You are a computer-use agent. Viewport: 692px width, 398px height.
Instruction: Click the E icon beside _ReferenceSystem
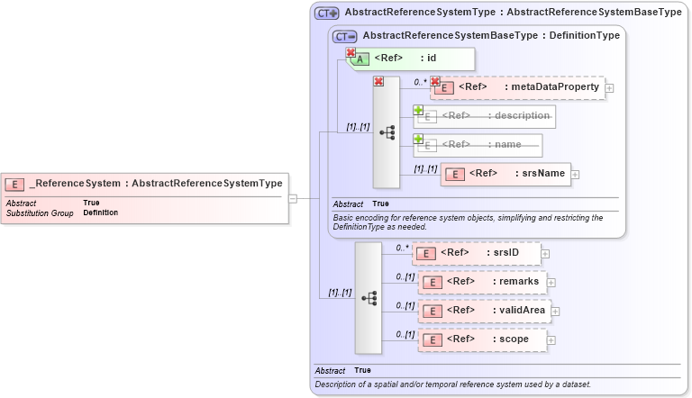(14, 185)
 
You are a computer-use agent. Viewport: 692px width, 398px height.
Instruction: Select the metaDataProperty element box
(517, 87)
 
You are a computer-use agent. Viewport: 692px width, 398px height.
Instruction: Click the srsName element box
(505, 174)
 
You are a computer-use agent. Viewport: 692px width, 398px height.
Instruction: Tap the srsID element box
(477, 253)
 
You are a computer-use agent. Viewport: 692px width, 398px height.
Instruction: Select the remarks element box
(483, 282)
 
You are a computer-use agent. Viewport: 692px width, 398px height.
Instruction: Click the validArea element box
(485, 311)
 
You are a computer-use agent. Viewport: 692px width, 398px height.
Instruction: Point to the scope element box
(483, 339)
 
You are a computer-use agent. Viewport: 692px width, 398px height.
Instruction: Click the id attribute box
(411, 59)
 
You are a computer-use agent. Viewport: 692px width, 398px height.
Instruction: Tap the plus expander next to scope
(551, 340)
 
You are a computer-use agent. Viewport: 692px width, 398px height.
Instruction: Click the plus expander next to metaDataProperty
(610, 88)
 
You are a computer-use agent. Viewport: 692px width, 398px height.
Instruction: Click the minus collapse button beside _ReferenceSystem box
(293, 198)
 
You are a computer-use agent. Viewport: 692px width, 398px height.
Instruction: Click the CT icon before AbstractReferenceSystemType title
(326, 14)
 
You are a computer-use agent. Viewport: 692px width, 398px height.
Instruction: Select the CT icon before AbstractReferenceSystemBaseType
(345, 36)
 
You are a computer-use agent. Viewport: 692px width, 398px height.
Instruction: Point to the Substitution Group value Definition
(100, 213)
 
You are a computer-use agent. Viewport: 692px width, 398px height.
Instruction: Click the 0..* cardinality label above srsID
(402, 247)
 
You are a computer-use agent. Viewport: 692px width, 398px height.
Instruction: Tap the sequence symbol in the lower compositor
(369, 297)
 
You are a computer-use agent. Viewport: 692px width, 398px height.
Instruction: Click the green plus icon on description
(418, 110)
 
